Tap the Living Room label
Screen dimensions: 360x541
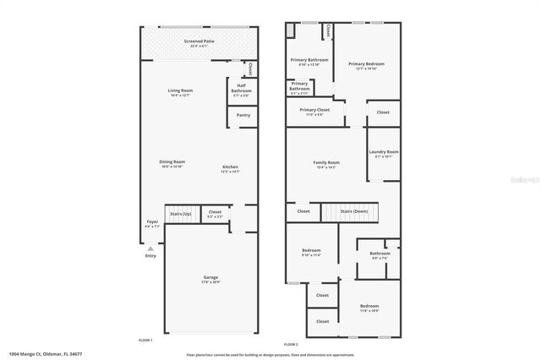tap(180, 90)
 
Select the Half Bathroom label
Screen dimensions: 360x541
tap(241, 87)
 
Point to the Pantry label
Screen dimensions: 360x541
tap(243, 115)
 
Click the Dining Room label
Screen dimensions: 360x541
tap(172, 161)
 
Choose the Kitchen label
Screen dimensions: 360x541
tap(231, 166)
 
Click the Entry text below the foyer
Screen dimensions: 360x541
tap(150, 256)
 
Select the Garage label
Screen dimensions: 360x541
tap(210, 276)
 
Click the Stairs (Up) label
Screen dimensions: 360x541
tap(181, 214)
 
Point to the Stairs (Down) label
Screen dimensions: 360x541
tap(353, 211)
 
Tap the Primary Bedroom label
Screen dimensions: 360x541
tap(366, 64)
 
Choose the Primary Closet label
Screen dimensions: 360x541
tap(314, 110)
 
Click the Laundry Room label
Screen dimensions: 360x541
tap(386, 152)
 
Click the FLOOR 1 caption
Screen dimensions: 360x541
tap(145, 339)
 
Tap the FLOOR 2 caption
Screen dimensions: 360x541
tap(291, 344)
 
